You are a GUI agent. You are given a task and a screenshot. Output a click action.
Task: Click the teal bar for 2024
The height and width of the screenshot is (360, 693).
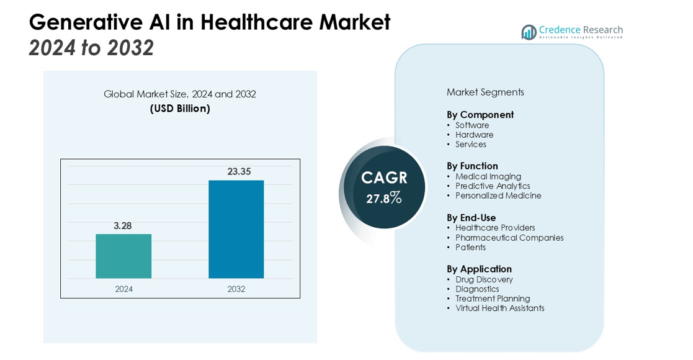[123, 256]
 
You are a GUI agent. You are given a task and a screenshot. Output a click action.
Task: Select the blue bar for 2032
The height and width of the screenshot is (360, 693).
[236, 229]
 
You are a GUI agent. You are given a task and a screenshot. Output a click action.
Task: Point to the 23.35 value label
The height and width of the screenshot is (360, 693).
[239, 171]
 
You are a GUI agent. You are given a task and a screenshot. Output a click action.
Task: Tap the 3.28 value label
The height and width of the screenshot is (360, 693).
[123, 226]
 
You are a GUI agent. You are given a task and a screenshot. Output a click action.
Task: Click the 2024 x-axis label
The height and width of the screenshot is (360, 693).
[123, 289]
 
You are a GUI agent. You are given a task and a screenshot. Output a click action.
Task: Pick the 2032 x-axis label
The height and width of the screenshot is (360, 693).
[236, 289]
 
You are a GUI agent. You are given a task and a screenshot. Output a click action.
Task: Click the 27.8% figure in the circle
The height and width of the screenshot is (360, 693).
[384, 199]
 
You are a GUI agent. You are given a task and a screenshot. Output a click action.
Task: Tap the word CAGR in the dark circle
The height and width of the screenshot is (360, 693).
[384, 178]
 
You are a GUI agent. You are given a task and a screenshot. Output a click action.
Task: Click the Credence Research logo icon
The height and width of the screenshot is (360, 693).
[529, 32]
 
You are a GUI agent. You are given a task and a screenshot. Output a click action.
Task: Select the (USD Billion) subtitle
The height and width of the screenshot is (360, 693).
[180, 109]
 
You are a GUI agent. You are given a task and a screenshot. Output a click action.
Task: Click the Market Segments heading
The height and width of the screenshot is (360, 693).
[485, 92]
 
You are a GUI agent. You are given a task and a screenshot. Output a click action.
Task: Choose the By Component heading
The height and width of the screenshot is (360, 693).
[480, 115]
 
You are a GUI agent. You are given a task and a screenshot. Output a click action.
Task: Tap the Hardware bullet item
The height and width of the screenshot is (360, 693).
[475, 135]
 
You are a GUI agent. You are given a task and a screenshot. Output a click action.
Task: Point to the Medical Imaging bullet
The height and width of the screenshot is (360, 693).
[488, 176]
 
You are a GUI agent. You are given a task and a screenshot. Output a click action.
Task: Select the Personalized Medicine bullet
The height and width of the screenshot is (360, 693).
[498, 196]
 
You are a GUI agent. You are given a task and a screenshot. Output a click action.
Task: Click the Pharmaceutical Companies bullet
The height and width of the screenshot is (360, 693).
[509, 238]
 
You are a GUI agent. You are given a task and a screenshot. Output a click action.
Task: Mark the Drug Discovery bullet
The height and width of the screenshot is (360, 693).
[484, 279]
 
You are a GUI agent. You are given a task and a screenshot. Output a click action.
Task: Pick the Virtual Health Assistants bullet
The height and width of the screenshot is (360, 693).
[499, 308]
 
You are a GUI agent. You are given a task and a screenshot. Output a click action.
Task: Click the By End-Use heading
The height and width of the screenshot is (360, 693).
[472, 218]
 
